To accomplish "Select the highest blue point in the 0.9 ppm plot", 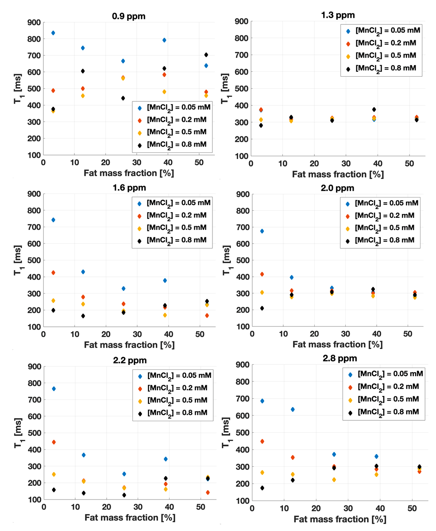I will pos(53,33).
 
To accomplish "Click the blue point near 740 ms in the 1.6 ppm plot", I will pos(53,220).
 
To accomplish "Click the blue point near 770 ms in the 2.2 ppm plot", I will pos(53,389).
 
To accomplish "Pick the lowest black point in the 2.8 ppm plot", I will pos(262,488).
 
